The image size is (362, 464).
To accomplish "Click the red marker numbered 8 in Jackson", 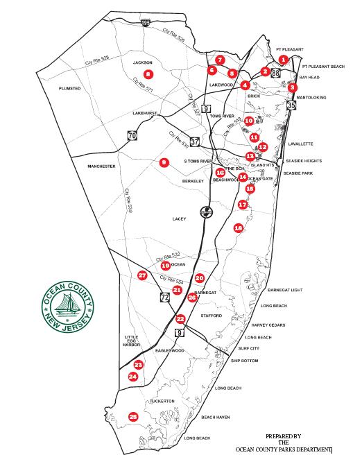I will [x=147, y=74].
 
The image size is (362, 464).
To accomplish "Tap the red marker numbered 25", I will [x=133, y=416].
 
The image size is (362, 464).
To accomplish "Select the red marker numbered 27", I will [x=142, y=275].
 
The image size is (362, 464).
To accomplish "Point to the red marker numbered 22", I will [x=180, y=319].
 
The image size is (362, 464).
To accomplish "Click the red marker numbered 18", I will [x=238, y=227].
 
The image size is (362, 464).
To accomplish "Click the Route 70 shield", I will [x=132, y=136].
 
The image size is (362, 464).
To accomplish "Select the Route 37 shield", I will [x=195, y=142].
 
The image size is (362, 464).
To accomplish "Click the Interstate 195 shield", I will [x=146, y=23].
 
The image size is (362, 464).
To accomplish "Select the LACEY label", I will [x=180, y=218].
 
